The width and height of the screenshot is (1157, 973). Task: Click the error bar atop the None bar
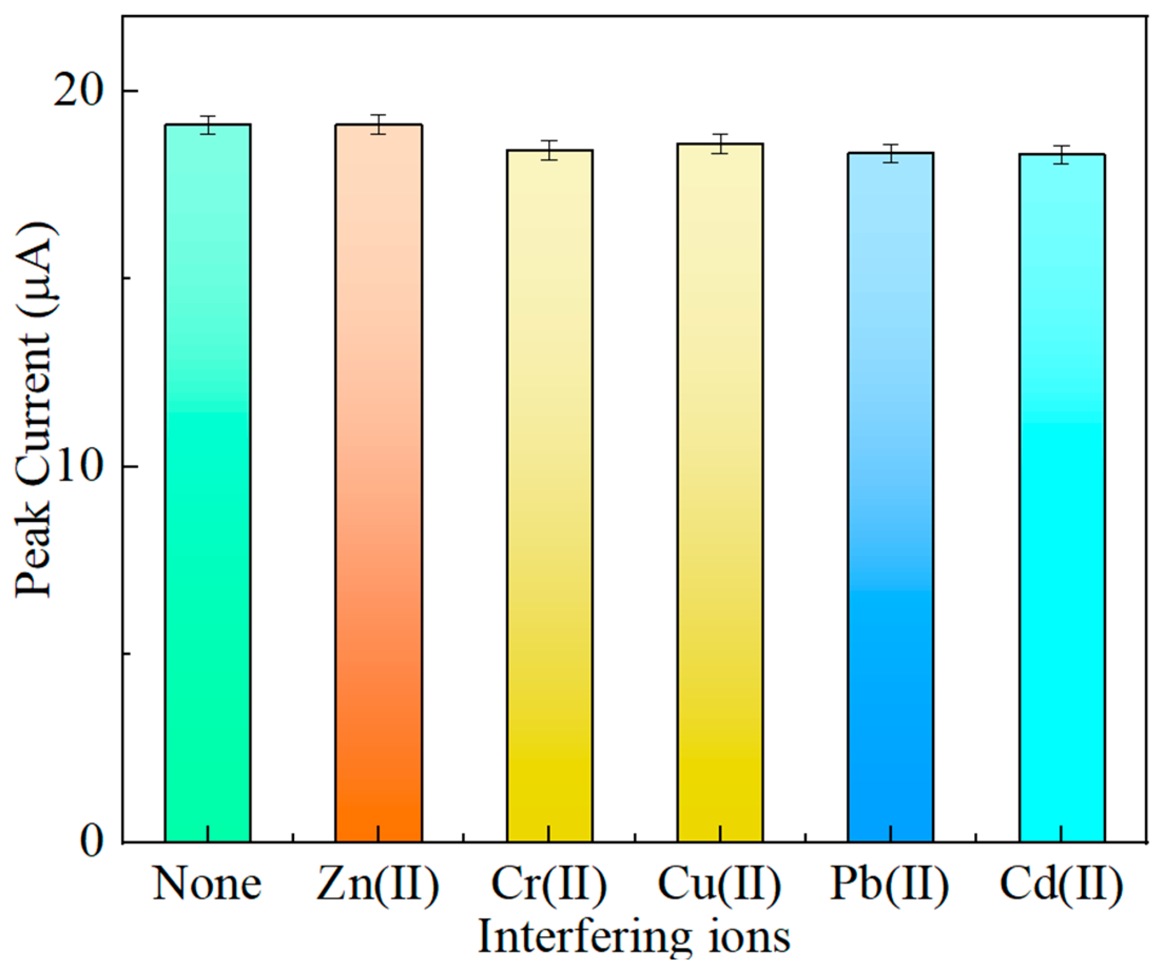click(208, 125)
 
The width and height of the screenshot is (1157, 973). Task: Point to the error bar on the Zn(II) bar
click(378, 124)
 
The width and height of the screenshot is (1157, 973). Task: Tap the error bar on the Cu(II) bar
click(720, 143)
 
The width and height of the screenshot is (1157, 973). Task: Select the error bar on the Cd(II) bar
click(1062, 154)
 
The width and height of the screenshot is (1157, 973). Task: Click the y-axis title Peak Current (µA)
click(34, 411)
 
